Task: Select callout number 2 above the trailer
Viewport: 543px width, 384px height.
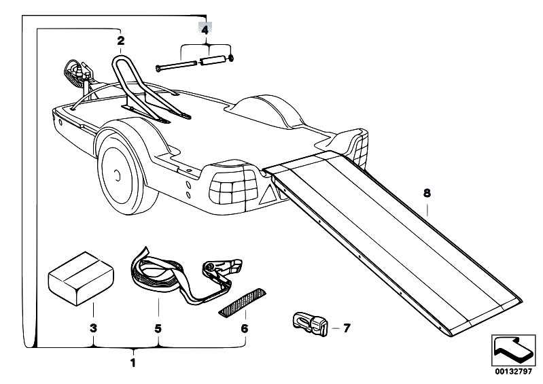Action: pyautogui.click(x=121, y=41)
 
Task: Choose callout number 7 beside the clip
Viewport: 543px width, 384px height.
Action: pyautogui.click(x=346, y=328)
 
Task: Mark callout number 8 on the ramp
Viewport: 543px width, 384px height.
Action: pyautogui.click(x=427, y=193)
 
